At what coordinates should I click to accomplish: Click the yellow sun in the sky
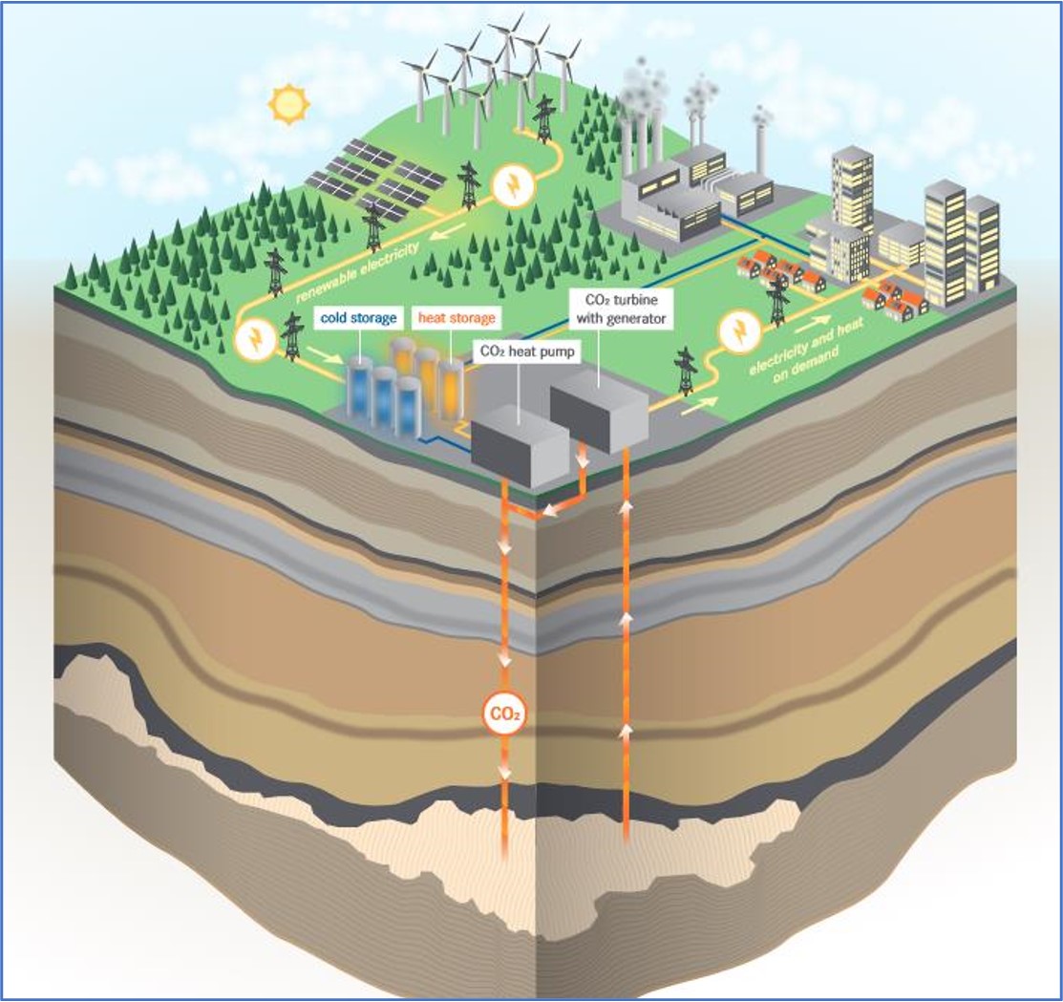coord(286,104)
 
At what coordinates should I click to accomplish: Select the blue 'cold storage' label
coord(358,317)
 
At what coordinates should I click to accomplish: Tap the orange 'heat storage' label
coord(455,317)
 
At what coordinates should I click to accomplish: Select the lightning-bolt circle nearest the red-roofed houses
coord(738,331)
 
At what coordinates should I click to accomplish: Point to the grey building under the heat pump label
coord(521,441)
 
